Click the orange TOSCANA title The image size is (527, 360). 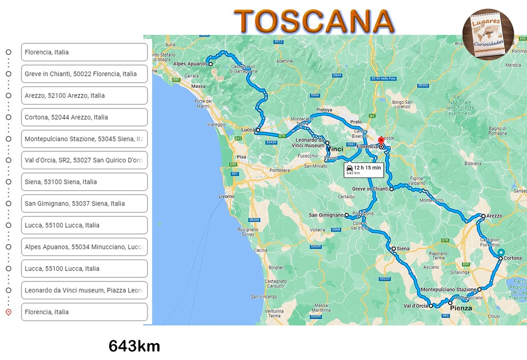(315, 21)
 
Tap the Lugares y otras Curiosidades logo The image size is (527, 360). (488, 34)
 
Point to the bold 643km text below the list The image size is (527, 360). (134, 346)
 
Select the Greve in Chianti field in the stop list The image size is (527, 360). (84, 74)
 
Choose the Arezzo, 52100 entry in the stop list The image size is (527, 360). (84, 95)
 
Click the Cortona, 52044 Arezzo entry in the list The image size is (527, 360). (84, 117)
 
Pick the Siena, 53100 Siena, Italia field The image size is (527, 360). (84, 182)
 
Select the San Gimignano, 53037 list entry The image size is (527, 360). (84, 203)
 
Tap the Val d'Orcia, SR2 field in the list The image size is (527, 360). (84, 160)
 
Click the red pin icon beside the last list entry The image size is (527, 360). (8, 312)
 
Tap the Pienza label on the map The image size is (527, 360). (461, 308)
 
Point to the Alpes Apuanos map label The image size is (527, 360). (190, 64)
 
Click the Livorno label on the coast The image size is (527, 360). (227, 196)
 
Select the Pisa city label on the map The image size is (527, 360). (241, 157)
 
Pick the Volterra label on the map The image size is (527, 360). (318, 230)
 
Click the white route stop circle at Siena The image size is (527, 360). (393, 248)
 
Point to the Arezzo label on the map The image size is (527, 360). (494, 216)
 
